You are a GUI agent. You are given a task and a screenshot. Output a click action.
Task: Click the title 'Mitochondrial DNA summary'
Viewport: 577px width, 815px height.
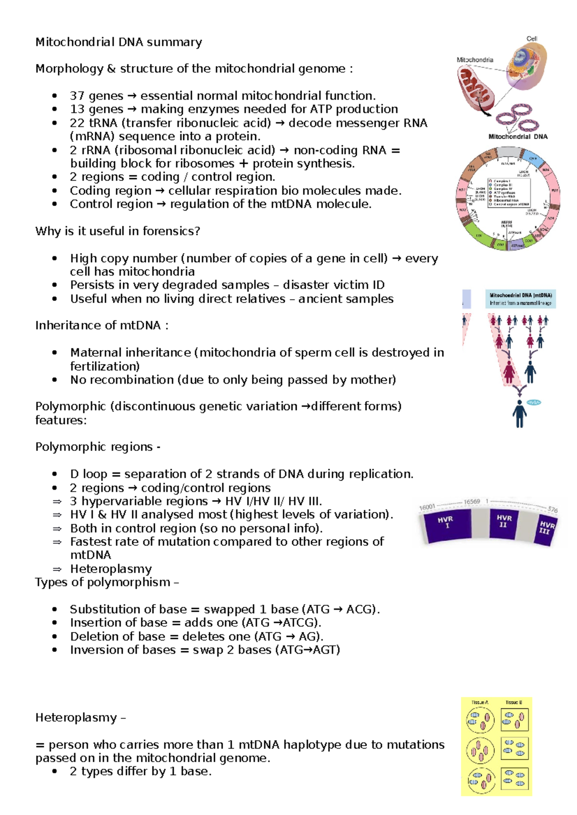pyautogui.click(x=119, y=42)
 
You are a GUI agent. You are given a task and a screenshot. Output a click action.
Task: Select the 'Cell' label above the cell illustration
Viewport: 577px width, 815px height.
pyautogui.click(x=531, y=39)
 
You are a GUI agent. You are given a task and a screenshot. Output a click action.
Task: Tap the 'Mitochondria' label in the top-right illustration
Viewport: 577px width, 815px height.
pyautogui.click(x=475, y=60)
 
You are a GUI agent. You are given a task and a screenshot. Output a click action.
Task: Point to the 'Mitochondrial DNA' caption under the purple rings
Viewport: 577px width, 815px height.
pyautogui.click(x=518, y=137)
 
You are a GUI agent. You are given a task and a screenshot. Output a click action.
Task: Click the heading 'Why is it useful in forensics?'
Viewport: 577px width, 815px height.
pyautogui.click(x=117, y=231)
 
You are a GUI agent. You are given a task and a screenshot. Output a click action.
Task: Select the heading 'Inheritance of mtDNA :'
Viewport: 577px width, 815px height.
pyautogui.click(x=101, y=326)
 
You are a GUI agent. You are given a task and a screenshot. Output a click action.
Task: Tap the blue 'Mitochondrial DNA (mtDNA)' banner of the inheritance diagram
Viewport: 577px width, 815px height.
pyautogui.click(x=520, y=299)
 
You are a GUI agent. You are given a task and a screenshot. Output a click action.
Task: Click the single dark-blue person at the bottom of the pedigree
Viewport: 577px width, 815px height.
pyautogui.click(x=519, y=414)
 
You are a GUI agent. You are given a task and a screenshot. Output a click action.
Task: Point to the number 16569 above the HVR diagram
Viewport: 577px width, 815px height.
pyautogui.click(x=472, y=501)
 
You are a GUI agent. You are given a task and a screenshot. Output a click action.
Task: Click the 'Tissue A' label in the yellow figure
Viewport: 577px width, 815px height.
pyautogui.click(x=479, y=702)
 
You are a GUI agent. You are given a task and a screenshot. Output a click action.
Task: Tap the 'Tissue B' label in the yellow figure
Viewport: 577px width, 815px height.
pyautogui.click(x=514, y=702)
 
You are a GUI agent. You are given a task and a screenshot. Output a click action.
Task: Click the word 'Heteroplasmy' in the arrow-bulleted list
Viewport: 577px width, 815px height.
pyautogui.click(x=111, y=569)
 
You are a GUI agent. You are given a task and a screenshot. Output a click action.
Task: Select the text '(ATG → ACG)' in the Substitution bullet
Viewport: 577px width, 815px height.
pyautogui.click(x=340, y=609)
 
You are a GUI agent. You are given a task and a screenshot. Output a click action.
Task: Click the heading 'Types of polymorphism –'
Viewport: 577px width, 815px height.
pyautogui.click(x=107, y=583)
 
